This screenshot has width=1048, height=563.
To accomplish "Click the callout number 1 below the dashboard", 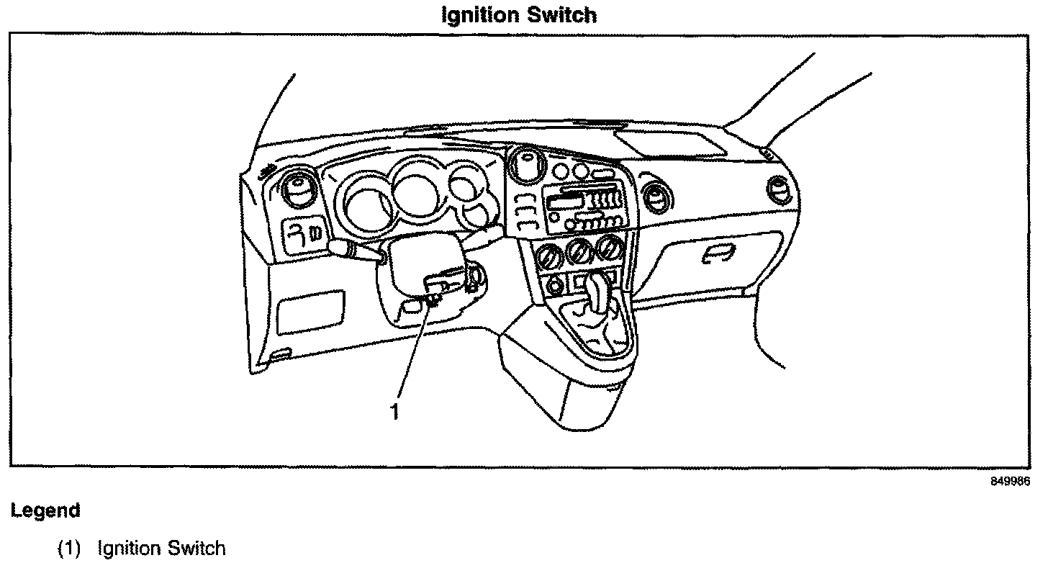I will [394, 412].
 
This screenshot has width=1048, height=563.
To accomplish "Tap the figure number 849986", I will [1009, 482].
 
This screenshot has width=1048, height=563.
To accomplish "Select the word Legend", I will [45, 511].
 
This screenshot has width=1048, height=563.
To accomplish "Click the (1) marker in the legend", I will [71, 549].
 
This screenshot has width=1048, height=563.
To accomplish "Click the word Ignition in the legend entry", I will [130, 549].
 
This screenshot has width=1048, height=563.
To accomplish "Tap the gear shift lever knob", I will [599, 288].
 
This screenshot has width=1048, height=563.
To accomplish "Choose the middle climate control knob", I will [579, 251].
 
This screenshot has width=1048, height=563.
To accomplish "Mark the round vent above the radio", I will [526, 164].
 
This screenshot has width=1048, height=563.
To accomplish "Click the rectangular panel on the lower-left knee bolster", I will [310, 311].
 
